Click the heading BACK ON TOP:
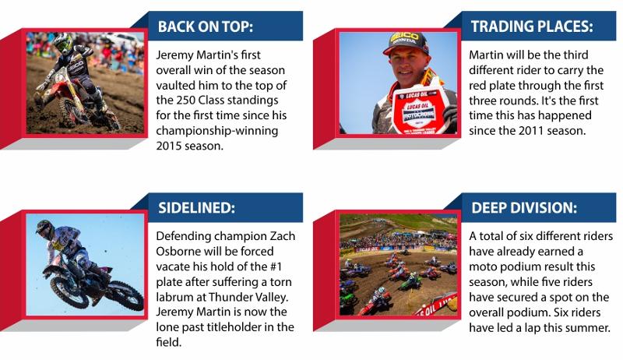click(206, 26)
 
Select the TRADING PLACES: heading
click(532, 26)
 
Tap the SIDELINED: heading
click(197, 208)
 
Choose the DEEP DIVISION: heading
click(524, 208)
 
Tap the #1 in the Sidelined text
click(275, 266)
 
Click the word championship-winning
click(217, 131)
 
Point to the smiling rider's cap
click(406, 43)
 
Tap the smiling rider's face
click(408, 65)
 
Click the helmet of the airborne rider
click(45, 229)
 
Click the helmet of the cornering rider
click(63, 43)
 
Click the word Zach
click(283, 236)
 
